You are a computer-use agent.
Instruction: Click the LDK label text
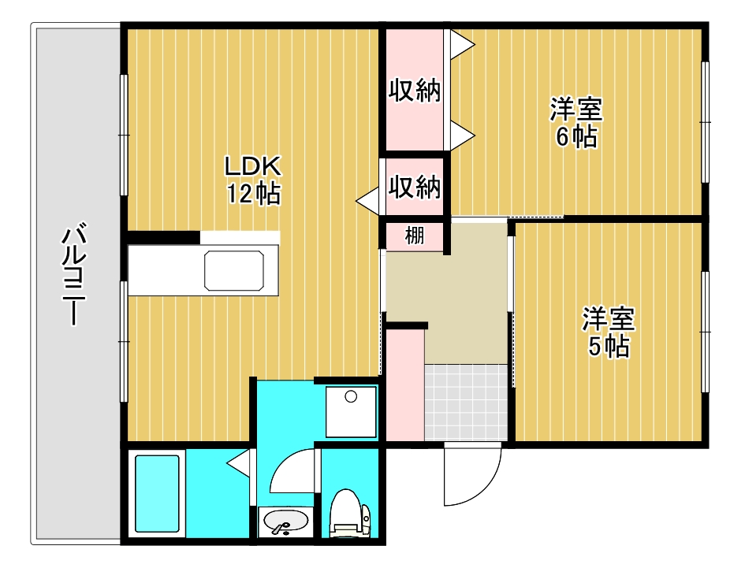[x=253, y=167]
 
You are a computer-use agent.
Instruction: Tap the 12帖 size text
[x=253, y=193]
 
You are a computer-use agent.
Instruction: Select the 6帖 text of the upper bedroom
[x=576, y=137]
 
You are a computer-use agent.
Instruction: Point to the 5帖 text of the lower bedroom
[x=609, y=346]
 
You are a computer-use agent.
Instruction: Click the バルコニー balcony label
[x=73, y=274]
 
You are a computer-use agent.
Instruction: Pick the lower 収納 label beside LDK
[x=415, y=186]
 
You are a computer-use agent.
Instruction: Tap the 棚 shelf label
[x=415, y=236]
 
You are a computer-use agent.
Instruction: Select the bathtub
[x=157, y=494]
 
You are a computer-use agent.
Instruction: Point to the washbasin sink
[x=285, y=522]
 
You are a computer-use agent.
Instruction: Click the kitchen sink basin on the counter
[x=234, y=270]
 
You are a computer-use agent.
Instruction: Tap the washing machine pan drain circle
[x=351, y=396]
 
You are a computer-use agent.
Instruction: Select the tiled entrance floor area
[x=466, y=403]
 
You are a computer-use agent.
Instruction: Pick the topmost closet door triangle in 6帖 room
[x=462, y=46]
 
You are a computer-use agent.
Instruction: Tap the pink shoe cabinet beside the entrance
[x=404, y=385]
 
